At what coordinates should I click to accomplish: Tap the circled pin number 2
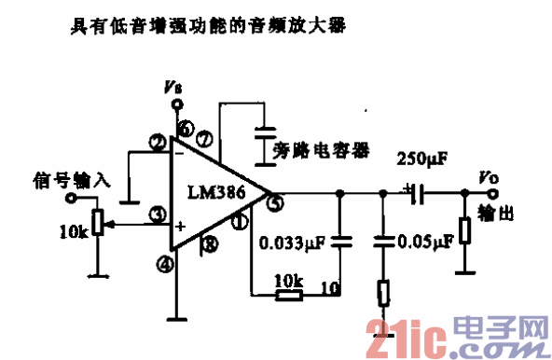[155, 143]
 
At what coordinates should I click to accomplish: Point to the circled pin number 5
[273, 200]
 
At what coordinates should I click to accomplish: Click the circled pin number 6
[185, 129]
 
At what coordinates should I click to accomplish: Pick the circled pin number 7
[203, 141]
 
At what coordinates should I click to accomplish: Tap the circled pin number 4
[166, 266]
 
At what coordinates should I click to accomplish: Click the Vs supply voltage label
[172, 89]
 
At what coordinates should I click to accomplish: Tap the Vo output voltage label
[489, 177]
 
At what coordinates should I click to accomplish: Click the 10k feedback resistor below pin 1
[288, 296]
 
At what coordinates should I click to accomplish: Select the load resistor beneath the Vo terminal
[463, 231]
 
